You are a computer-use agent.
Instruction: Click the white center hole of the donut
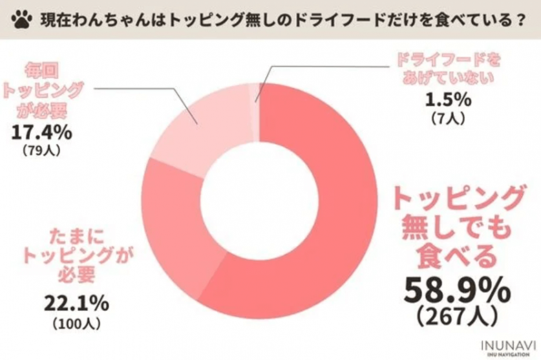(259, 195)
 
